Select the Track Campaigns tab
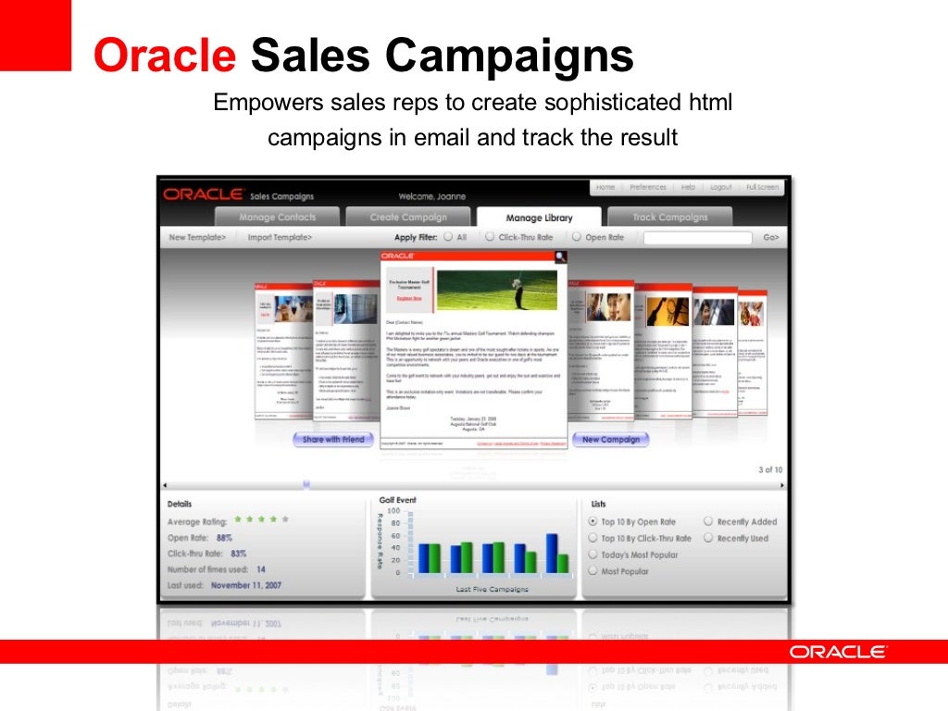pos(669,218)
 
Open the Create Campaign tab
pos(408,218)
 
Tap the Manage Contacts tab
pos(278,218)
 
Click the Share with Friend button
pos(333,440)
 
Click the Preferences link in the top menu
pos(647,187)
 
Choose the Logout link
pos(720,187)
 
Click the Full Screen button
pos(763,187)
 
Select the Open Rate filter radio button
pos(576,237)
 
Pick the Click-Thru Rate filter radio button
pos(490,237)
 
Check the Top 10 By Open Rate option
pos(593,522)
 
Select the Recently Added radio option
pos(708,522)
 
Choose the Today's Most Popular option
pos(593,555)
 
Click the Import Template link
pos(280,238)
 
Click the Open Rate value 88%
pos(224,538)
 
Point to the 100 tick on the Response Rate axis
pos(393,511)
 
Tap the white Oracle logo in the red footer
pos(838,652)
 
